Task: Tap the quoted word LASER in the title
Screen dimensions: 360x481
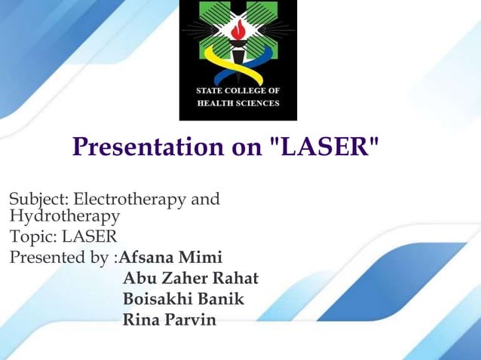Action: coord(323,147)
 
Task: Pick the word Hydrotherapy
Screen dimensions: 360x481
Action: coord(64,217)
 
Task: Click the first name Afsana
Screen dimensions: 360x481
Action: coord(151,258)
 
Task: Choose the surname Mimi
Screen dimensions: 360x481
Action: coord(204,258)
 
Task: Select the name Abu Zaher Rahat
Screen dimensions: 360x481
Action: coord(190,279)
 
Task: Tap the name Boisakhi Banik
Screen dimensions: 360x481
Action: coord(183,299)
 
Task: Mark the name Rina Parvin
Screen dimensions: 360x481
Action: coord(169,320)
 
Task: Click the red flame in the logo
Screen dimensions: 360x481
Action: coord(238,31)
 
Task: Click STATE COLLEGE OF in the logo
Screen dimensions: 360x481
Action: coord(237,91)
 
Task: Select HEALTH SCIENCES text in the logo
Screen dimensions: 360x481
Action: coord(237,104)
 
